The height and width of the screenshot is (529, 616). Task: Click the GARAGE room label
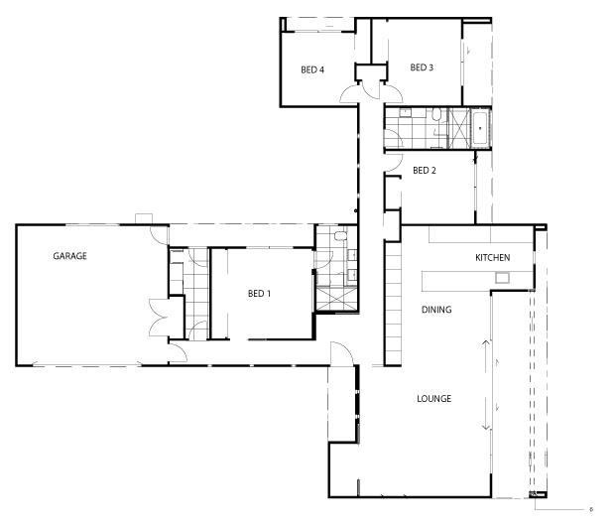click(69, 256)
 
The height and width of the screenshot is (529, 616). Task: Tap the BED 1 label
click(259, 294)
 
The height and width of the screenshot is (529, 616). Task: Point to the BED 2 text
click(425, 171)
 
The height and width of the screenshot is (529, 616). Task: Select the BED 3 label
click(422, 67)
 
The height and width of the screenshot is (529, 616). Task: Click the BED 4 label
click(312, 69)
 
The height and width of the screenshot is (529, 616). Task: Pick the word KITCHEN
click(493, 258)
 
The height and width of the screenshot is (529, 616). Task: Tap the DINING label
click(436, 310)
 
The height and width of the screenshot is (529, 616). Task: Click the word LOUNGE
click(434, 399)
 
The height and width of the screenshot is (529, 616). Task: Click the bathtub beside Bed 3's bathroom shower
click(480, 128)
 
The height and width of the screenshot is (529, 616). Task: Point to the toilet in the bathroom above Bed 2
click(436, 115)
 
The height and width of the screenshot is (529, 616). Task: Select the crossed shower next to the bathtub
click(459, 128)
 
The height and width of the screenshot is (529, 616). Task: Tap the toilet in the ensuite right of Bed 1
click(340, 236)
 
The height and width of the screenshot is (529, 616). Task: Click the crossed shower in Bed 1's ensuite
click(336, 299)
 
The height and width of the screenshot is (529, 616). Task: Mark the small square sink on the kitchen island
click(502, 278)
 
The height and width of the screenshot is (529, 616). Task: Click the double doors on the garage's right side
click(159, 318)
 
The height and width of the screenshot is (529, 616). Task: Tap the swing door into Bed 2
click(394, 163)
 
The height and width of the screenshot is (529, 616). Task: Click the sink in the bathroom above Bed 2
click(405, 113)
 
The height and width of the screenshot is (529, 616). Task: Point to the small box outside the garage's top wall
click(144, 219)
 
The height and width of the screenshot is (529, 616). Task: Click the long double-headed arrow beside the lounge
click(486, 385)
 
